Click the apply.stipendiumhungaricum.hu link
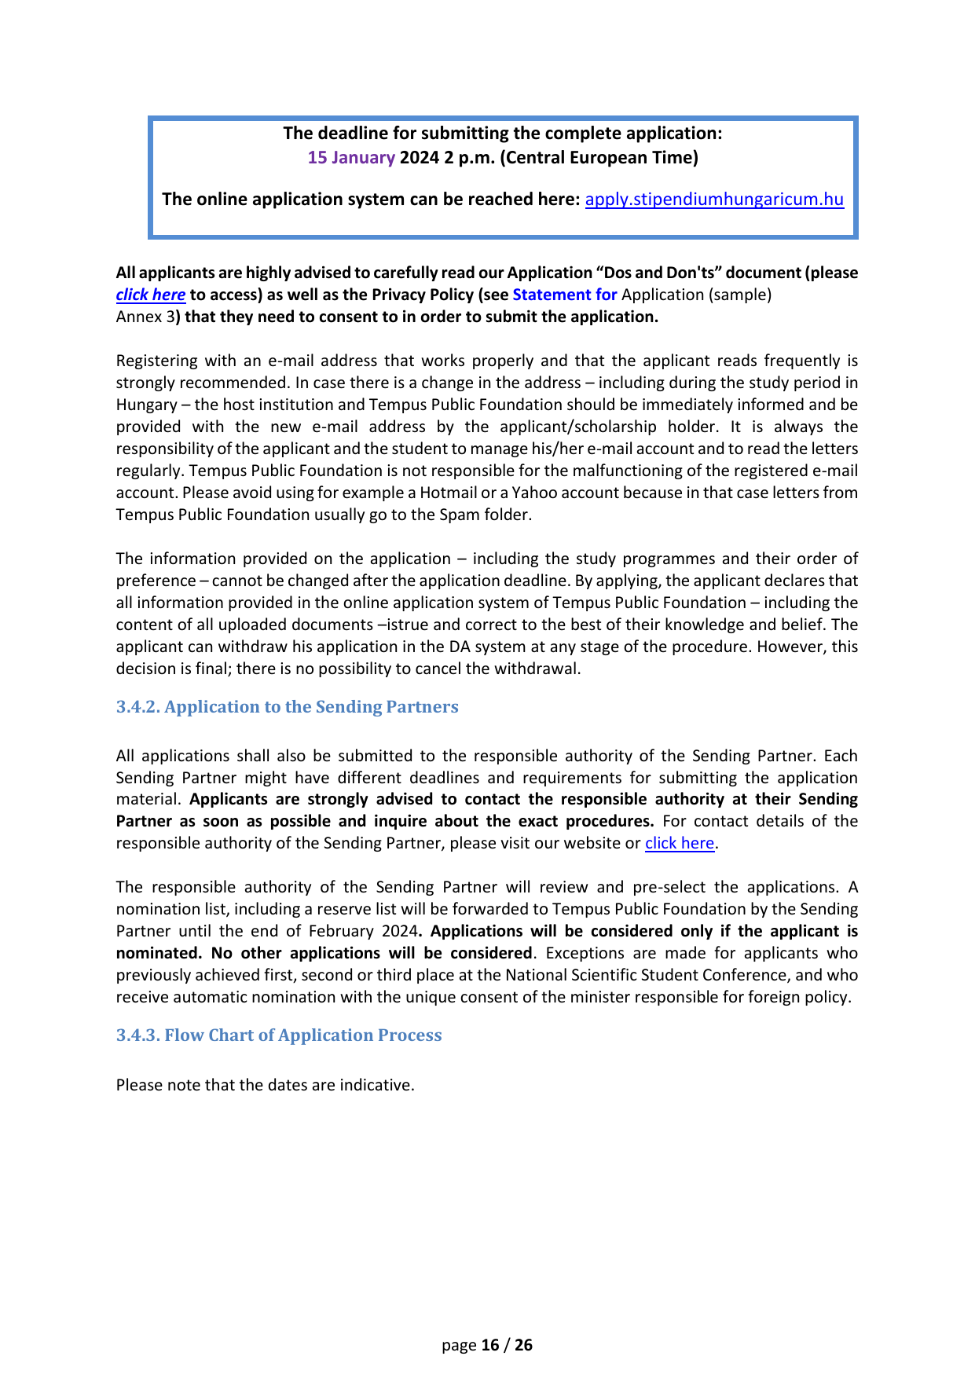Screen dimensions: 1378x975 (x=714, y=200)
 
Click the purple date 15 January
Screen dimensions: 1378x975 (x=351, y=158)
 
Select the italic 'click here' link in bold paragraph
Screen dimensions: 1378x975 (x=151, y=295)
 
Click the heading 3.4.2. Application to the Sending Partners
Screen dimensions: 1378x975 (x=287, y=707)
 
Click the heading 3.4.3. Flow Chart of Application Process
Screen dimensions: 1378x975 (x=279, y=1035)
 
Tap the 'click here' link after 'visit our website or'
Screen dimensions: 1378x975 (x=680, y=844)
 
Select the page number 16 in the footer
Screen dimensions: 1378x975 (x=490, y=1346)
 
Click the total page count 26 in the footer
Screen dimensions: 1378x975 (x=523, y=1346)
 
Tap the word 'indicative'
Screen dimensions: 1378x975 (x=376, y=1086)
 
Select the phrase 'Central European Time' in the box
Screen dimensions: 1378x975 (x=599, y=158)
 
